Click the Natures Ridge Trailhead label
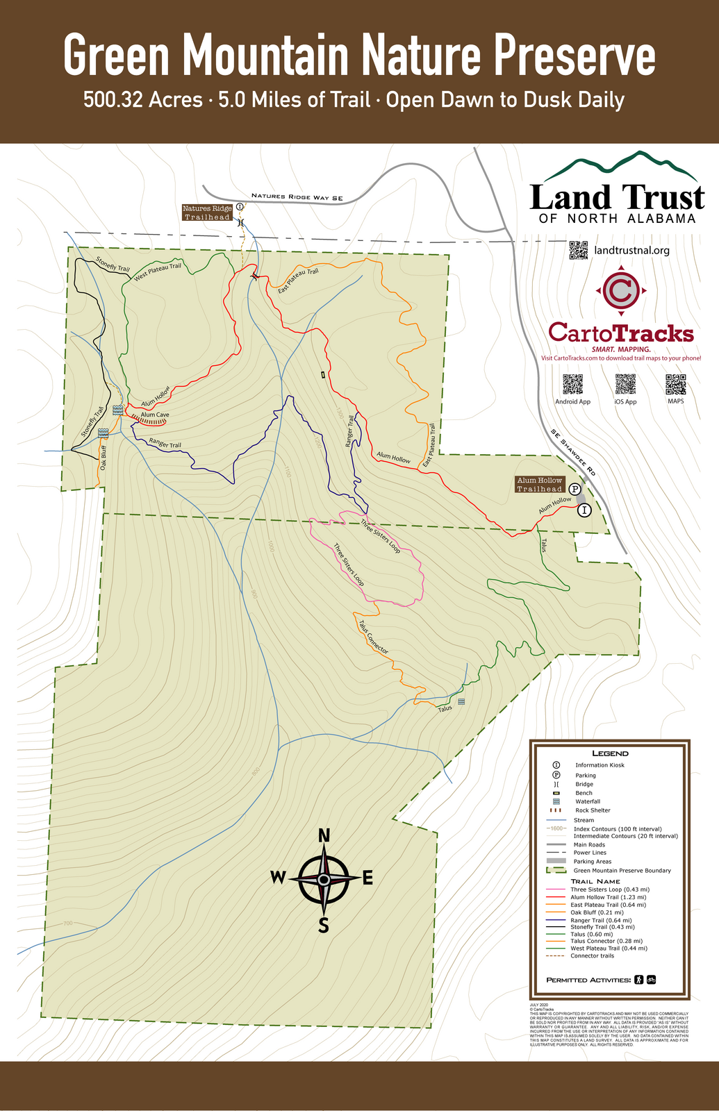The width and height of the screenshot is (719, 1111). coord(207,212)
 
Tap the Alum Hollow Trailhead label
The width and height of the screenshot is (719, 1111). coord(539,485)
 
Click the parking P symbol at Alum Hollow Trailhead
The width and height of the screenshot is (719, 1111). coord(575,488)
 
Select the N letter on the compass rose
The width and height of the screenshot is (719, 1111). coord(324,836)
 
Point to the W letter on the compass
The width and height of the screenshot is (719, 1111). coord(278,878)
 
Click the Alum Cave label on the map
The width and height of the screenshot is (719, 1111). coord(154,415)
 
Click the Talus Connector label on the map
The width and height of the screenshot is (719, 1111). coord(373,636)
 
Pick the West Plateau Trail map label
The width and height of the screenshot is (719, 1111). coord(158,271)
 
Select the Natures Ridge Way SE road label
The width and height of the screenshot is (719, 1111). coord(297,198)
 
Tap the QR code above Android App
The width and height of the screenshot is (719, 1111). coord(572,384)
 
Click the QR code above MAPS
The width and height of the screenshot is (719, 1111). coord(675,384)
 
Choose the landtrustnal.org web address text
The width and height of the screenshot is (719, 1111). coord(631,250)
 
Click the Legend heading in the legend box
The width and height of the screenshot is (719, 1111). coord(610,753)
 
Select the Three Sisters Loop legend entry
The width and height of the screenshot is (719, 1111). coord(609,889)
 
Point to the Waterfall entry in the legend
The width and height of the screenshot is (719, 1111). coord(587,801)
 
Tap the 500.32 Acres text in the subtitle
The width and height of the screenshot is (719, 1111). coord(142,100)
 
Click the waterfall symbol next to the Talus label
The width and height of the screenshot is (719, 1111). coord(461,702)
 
